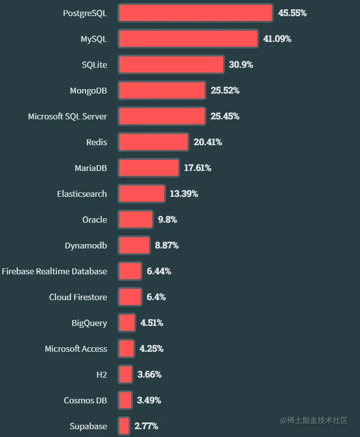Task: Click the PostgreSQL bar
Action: pyautogui.click(x=195, y=13)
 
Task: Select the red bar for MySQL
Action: pyautogui.click(x=188, y=39)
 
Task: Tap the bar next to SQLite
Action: pyautogui.click(x=171, y=65)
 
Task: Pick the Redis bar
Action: pyautogui.click(x=153, y=142)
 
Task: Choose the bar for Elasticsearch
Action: pyautogui.click(x=141, y=194)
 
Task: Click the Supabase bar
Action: pyautogui.click(x=124, y=426)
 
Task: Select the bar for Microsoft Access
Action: pyautogui.click(x=126, y=349)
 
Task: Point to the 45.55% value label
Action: pyautogui.click(x=292, y=13)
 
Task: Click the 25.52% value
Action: pyautogui.click(x=225, y=91)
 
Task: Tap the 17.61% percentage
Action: pyautogui.click(x=197, y=168)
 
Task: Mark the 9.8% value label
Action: pyautogui.click(x=167, y=220)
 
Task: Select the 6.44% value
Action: pyautogui.click(x=159, y=271)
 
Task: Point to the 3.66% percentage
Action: pyautogui.click(x=149, y=375)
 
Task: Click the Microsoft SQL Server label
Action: pyautogui.click(x=67, y=116)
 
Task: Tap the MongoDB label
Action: pyautogui.click(x=88, y=91)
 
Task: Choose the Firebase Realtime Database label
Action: pyautogui.click(x=54, y=271)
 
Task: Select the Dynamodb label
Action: pyautogui.click(x=86, y=246)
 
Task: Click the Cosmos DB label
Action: pyautogui.click(x=85, y=400)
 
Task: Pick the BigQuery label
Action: pyautogui.click(x=89, y=323)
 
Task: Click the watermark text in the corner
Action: pyautogui.click(x=313, y=420)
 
